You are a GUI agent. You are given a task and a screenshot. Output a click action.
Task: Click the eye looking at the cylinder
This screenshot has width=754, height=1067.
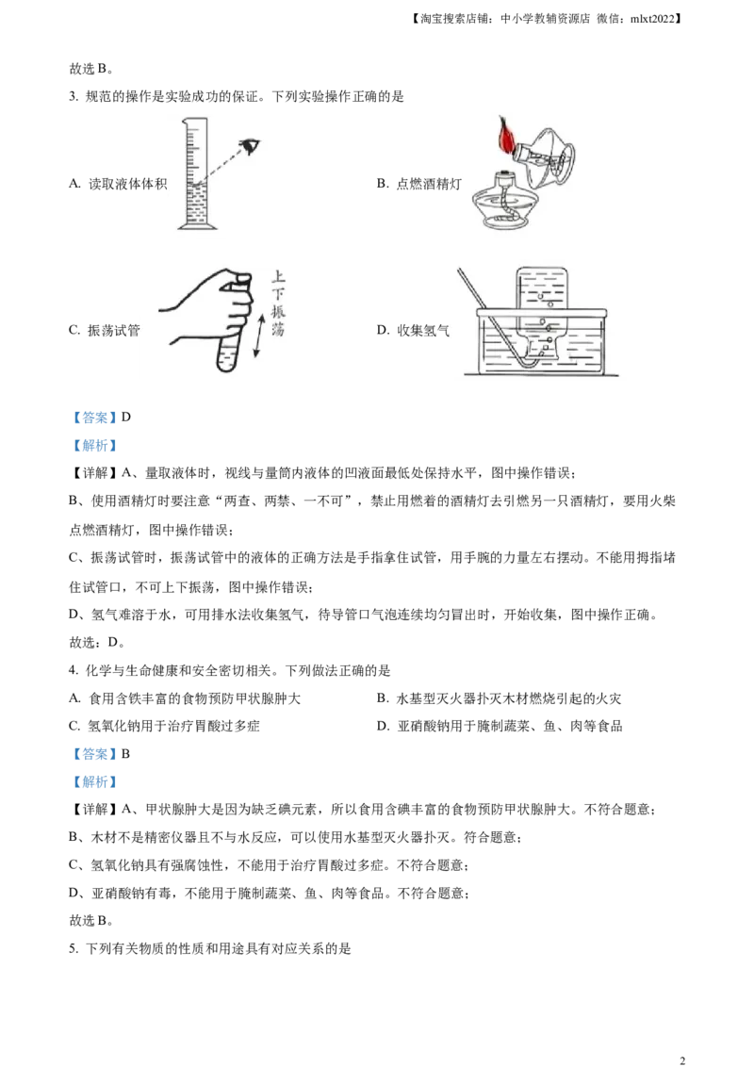250,144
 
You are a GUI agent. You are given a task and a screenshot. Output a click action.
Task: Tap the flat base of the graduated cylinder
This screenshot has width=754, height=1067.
197,229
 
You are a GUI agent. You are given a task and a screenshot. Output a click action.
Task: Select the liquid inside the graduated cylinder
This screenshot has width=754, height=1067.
198,203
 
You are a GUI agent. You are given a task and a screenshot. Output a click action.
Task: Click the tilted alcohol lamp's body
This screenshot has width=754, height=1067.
551,156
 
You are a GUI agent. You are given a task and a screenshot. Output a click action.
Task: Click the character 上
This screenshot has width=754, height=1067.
277,277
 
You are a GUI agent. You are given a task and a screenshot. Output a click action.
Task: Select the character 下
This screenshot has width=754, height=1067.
277,294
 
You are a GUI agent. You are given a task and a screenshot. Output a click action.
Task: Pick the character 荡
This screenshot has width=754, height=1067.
277,331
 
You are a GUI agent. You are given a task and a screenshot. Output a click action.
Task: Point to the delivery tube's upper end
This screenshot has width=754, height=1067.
462,272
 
